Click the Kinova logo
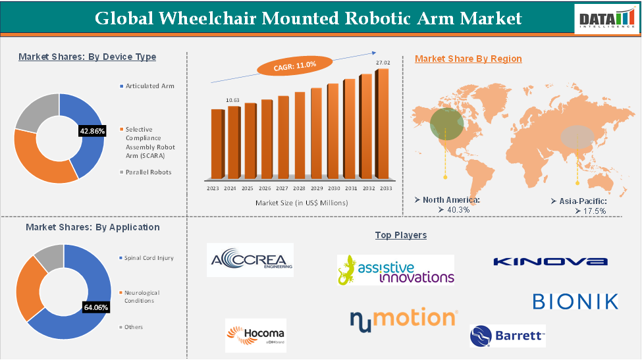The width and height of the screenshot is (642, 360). click(550, 261)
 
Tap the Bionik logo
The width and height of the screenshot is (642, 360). click(575, 301)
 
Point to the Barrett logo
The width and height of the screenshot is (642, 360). click(507, 336)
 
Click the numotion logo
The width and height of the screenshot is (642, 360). click(402, 319)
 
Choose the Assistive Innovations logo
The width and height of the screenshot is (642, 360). click(395, 270)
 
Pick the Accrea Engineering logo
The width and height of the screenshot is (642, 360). click(250, 261)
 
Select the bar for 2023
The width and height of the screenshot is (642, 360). click(217, 144)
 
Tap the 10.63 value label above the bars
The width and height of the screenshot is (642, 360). click(232, 100)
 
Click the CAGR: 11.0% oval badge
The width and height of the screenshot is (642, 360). click(286, 65)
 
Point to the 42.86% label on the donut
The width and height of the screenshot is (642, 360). click(92, 131)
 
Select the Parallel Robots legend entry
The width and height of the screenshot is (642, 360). click(148, 172)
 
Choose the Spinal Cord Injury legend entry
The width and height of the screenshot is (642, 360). click(149, 257)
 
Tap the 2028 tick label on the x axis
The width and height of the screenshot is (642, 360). click(300, 188)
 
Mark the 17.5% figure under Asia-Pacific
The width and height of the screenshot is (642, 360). click(590, 211)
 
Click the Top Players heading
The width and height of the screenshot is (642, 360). click(400, 235)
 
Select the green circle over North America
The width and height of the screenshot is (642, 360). click(446, 123)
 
